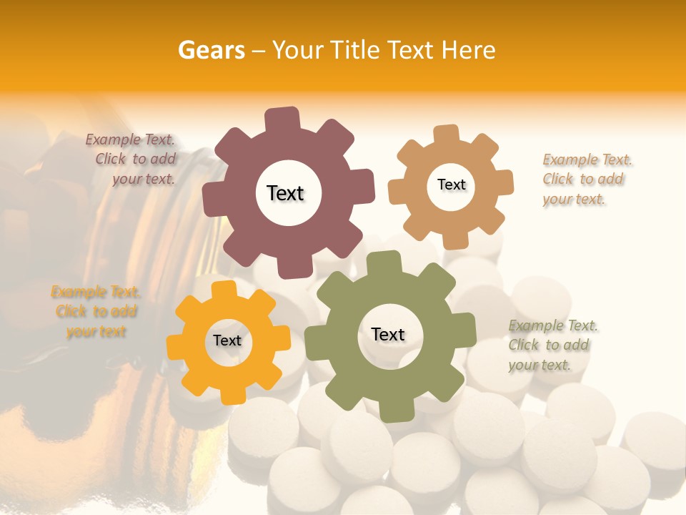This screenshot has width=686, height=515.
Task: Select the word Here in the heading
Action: click(x=468, y=50)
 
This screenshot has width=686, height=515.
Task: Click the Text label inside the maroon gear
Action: click(x=285, y=193)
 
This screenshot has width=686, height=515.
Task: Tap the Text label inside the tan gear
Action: click(x=451, y=185)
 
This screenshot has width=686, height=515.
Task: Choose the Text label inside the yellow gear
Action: click(x=227, y=340)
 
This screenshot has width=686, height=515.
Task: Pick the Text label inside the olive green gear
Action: click(x=388, y=334)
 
